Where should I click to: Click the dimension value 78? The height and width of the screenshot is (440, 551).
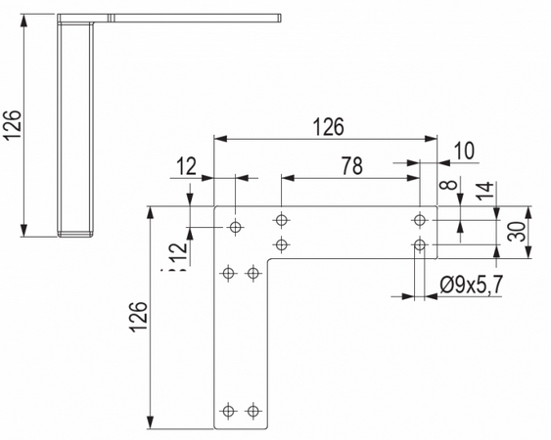click(352, 166)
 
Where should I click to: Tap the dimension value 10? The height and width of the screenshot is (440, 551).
click(464, 151)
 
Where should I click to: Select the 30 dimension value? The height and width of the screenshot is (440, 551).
click(517, 232)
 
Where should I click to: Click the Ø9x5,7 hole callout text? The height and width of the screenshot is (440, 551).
click(472, 285)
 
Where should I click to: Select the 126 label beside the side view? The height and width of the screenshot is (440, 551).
click(13, 125)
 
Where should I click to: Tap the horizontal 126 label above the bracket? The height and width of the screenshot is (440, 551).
click(329, 127)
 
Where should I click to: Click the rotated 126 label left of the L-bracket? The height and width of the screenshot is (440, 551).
click(138, 317)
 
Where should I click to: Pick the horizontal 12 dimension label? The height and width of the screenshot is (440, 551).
click(186, 166)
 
